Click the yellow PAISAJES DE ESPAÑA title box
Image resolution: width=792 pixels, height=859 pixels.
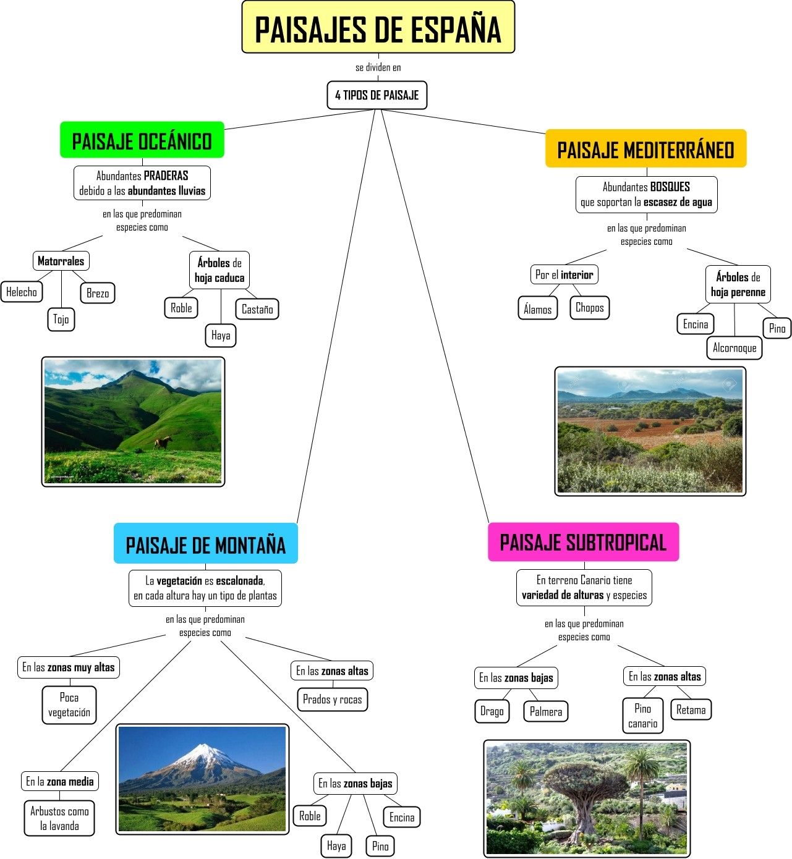[378, 28]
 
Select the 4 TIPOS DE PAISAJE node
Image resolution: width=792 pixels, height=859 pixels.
[377, 95]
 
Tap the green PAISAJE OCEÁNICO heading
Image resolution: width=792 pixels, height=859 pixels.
[142, 140]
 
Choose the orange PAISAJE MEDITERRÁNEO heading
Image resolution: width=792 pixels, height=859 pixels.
[645, 149]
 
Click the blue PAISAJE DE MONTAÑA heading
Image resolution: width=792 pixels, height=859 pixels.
[205, 544]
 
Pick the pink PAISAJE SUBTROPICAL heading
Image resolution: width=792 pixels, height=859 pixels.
[583, 542]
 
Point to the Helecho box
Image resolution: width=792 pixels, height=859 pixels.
[22, 292]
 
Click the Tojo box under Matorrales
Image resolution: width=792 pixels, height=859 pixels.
[61, 319]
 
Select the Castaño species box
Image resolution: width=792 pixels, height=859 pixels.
[257, 309]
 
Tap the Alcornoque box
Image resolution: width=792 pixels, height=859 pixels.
[734, 347]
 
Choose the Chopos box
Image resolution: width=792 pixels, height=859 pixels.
[589, 307]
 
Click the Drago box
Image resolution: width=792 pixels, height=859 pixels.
[492, 711]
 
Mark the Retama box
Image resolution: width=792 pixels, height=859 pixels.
[691, 709]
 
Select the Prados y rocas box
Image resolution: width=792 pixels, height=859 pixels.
[332, 700]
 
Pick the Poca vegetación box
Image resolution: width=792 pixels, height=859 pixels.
[69, 705]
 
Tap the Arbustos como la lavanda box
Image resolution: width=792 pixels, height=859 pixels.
[59, 818]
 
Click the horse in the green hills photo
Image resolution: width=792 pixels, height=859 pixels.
[163, 442]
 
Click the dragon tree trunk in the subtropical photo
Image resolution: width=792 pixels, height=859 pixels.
[585, 810]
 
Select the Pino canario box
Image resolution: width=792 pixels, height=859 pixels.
[642, 716]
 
